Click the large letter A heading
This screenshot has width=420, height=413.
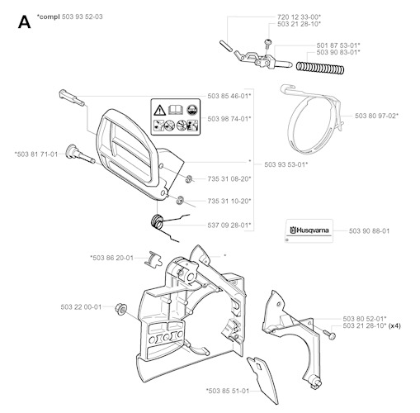pos(24,21)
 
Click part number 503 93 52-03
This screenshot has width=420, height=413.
pos(83,17)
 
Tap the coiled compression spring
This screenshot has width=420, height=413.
pos(320,68)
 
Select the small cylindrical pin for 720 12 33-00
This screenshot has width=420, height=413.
pos(226,45)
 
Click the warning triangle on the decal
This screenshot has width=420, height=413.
pos(159,111)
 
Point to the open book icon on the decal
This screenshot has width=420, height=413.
pos(176,110)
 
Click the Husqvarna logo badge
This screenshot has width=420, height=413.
pos(309,230)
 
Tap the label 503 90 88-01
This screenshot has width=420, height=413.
pos(369,231)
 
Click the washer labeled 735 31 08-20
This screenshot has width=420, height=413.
pos(188,178)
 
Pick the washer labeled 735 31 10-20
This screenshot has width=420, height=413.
pos(180,200)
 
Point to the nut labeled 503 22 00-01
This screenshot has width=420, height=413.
pos(120,308)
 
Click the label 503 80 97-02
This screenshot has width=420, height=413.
pos(376,116)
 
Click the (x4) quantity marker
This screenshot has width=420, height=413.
pos(395,326)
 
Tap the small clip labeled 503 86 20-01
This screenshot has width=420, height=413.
pos(153,259)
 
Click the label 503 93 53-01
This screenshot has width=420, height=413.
pos(286,164)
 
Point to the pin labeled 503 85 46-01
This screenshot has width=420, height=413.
pos(72,97)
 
